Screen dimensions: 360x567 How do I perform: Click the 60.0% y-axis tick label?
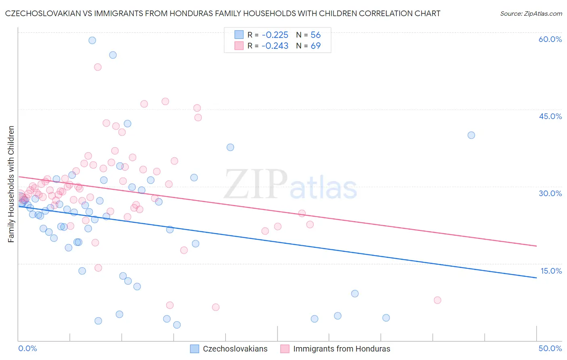[x=550, y=39]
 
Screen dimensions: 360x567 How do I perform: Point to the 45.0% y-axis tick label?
[x=550, y=116]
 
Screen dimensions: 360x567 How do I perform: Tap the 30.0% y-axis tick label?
[x=550, y=193]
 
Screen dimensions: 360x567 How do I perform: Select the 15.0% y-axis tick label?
[x=551, y=271]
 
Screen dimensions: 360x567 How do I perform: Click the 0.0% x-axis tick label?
[x=27, y=348]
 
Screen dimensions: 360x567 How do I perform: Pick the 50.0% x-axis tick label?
[x=550, y=348]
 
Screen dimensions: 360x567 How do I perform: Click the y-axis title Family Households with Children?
[x=11, y=184]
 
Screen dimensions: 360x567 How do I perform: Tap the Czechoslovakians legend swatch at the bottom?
[x=195, y=349]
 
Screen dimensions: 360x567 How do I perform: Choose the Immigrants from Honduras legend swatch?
[x=285, y=349]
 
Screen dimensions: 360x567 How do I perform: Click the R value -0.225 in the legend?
[x=275, y=35]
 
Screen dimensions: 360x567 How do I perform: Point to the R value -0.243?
[x=275, y=46]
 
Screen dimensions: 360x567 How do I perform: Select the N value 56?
[x=315, y=35]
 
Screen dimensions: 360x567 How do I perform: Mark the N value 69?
[x=315, y=46]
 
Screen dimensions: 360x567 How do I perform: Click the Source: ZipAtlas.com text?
[x=531, y=14]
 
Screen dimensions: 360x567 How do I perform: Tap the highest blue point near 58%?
[x=92, y=40]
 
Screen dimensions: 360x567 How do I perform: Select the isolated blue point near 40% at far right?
[x=471, y=135]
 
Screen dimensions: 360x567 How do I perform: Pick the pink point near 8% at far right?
[x=437, y=300]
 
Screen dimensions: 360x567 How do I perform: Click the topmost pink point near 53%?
[x=98, y=67]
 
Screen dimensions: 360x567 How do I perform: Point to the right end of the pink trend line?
[x=536, y=246]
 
